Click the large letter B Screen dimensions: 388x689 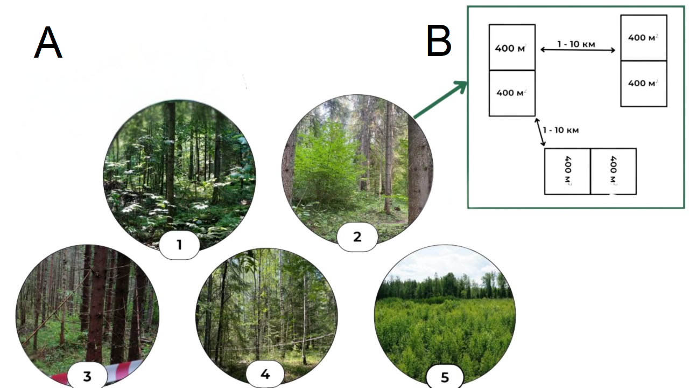[x=439, y=41]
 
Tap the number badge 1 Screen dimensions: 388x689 [x=179, y=245]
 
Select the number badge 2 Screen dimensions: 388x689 [x=357, y=237]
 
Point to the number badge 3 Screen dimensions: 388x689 [x=87, y=377]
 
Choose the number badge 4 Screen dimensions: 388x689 [x=265, y=374]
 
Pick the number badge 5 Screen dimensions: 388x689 [x=445, y=377]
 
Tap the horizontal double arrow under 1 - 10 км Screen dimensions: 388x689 [x=578, y=50]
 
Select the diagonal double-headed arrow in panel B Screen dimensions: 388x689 [x=539, y=133]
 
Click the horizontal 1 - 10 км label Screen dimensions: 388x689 [x=576, y=44]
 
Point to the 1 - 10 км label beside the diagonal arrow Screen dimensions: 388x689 [x=561, y=130]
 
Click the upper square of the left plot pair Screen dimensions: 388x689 [x=512, y=47]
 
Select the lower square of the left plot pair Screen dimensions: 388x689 [x=512, y=93]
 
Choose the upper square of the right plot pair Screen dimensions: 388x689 [x=644, y=38]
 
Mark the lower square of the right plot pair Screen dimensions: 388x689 [x=644, y=84]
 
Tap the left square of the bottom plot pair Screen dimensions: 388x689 [x=567, y=171]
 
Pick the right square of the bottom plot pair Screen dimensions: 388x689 [x=613, y=171]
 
